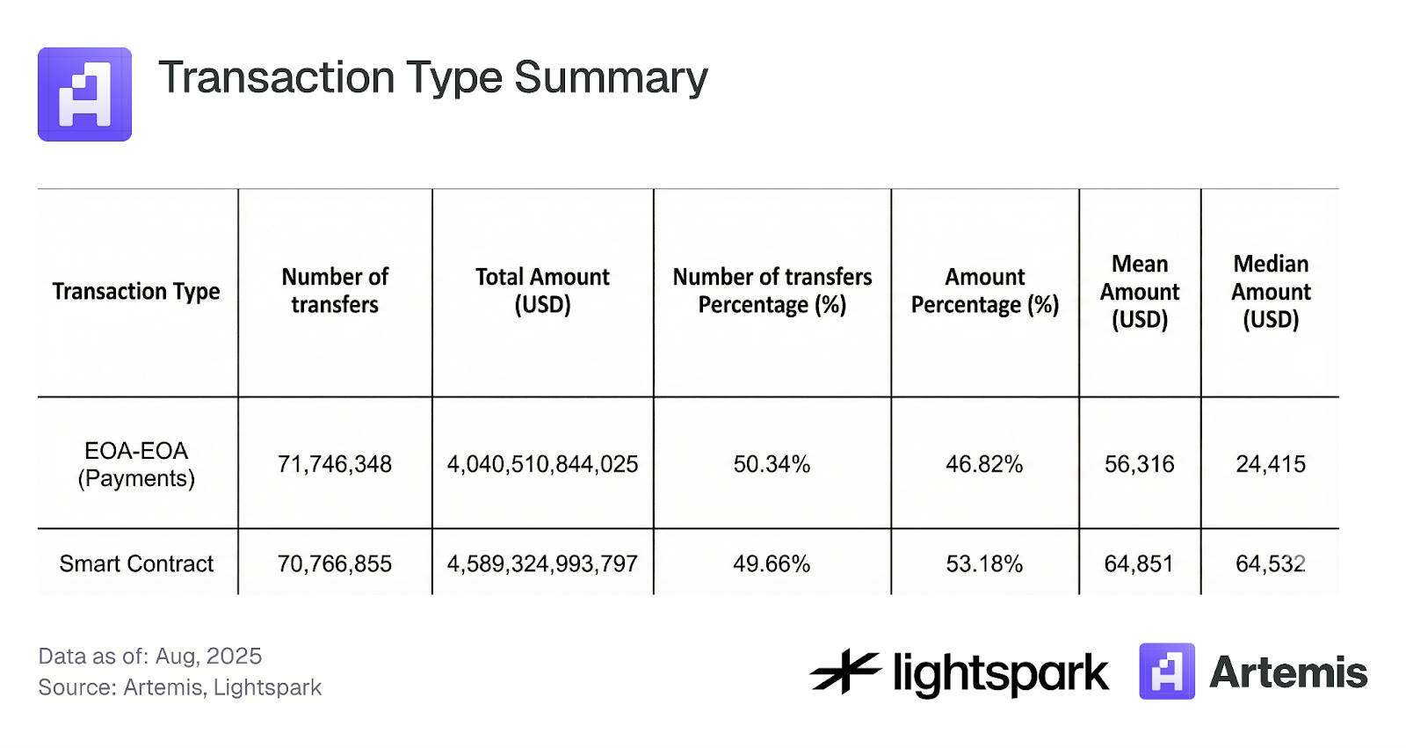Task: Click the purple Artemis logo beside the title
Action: pos(84,94)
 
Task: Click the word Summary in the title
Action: pos(610,77)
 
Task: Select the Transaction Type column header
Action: pos(136,291)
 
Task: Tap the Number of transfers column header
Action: pos(335,291)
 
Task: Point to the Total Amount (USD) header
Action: pos(542,291)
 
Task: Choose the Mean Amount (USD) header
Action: pos(1139,291)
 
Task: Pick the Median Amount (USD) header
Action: pos(1271,291)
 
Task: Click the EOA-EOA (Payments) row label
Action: pos(136,464)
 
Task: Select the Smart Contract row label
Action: pos(136,563)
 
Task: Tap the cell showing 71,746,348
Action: pos(335,464)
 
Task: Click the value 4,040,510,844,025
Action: pos(542,464)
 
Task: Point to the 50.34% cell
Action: pos(772,464)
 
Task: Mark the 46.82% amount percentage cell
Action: pos(984,464)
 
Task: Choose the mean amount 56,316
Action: pos(1139,464)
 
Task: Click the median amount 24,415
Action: pos(1271,464)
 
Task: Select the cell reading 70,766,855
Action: pos(335,563)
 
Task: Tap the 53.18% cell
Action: pos(984,563)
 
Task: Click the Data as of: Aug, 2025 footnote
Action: pos(150,656)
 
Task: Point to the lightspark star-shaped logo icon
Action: pos(844,672)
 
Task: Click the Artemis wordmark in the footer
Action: pos(1288,672)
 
